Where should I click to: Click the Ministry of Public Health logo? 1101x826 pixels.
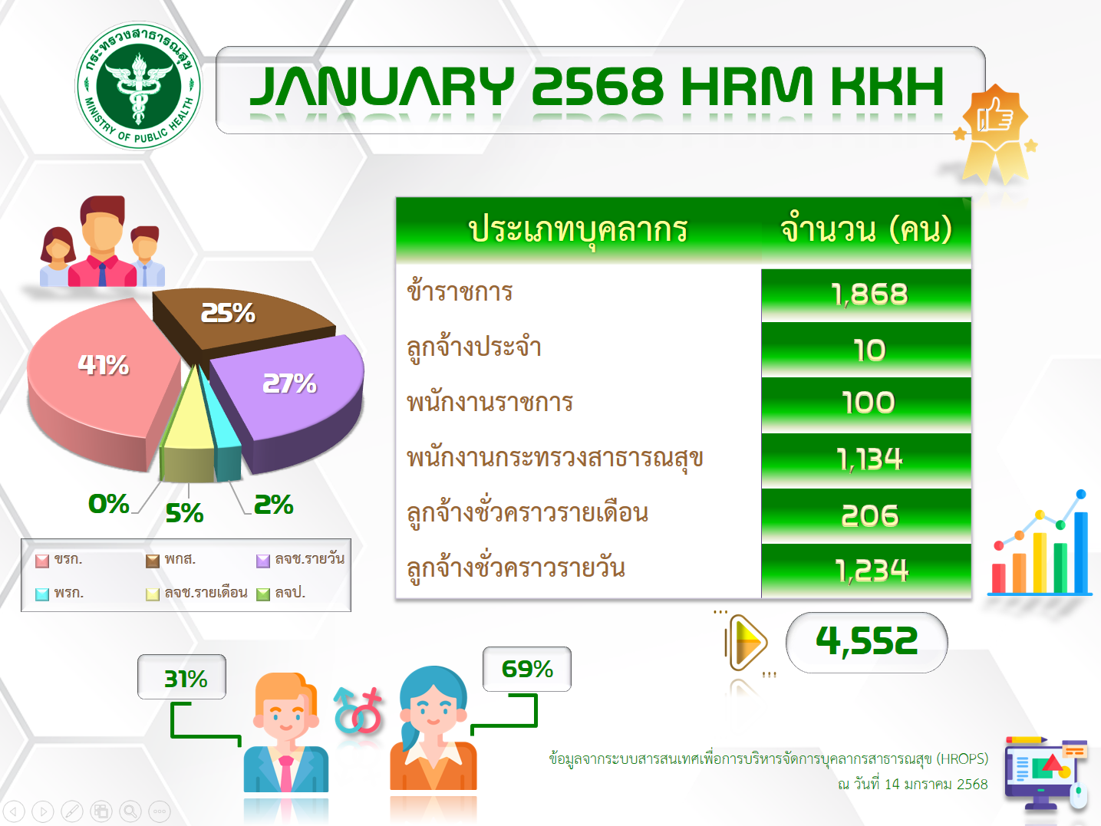[x=138, y=86]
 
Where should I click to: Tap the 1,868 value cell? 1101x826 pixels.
[x=866, y=295]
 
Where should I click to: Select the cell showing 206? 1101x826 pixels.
[x=866, y=515]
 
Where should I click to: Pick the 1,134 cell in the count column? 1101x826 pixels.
[x=866, y=460]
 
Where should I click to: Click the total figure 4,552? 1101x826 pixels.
[x=866, y=642]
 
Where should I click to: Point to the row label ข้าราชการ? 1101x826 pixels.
[x=460, y=291]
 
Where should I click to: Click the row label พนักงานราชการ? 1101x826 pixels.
[x=490, y=403]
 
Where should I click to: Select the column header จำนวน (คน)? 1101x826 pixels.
[x=866, y=229]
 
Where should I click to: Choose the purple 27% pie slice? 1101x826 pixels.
[x=296, y=396]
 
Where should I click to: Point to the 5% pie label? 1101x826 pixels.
[x=185, y=513]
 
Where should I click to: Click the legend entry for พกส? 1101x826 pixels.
[x=171, y=559]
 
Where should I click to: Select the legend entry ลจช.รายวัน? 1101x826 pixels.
[x=301, y=559]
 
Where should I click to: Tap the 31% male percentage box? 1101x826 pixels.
[x=182, y=676]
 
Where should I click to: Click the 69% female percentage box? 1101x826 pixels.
[x=526, y=669]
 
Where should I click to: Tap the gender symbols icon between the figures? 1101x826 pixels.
[x=358, y=711]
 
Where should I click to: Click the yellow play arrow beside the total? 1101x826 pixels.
[x=747, y=643]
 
